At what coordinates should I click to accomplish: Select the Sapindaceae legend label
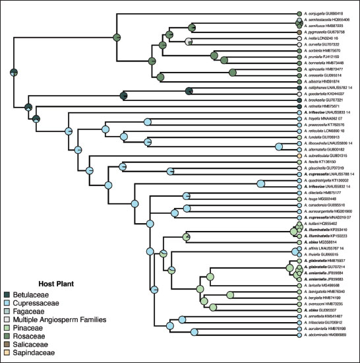click(x=32, y=354)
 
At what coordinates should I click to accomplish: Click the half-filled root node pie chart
click(x=14, y=72)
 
